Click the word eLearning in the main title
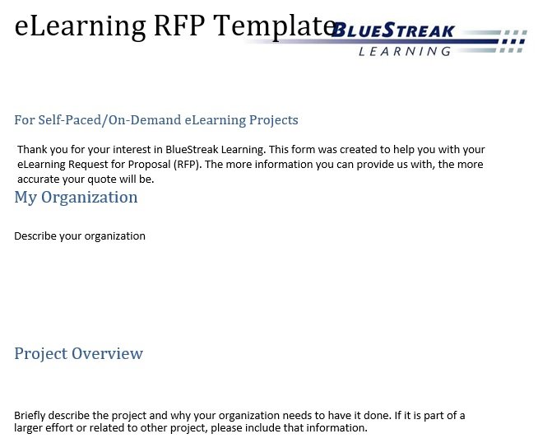pos(81,26)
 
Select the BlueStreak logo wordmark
pos(393,30)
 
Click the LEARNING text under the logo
pos(405,52)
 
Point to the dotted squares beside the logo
pos(512,41)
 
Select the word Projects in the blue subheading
pos(273,120)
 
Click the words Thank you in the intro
pos(43,150)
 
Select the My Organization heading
pos(76,198)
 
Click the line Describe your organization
pos(80,236)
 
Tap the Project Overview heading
pos(79,354)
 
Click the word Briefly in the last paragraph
pos(30,416)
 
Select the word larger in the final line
pos(28,428)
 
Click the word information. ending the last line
pos(336,428)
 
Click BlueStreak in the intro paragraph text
pos(192,149)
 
